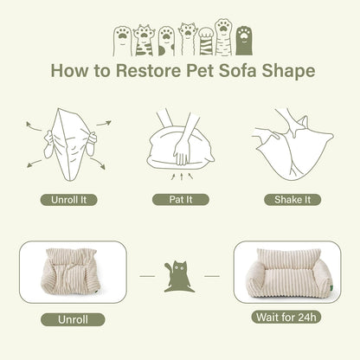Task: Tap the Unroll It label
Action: coord(69,199)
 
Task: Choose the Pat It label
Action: coord(180,199)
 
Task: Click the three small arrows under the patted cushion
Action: coord(180,176)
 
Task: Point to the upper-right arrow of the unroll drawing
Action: coord(103,124)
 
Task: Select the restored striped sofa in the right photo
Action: coord(285,273)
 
